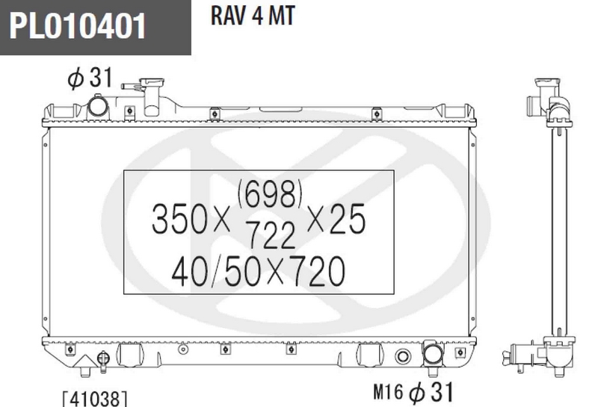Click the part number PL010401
click(78, 26)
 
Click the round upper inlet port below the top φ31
click(98, 107)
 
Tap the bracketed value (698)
click(271, 197)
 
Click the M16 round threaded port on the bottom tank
click(404, 356)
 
